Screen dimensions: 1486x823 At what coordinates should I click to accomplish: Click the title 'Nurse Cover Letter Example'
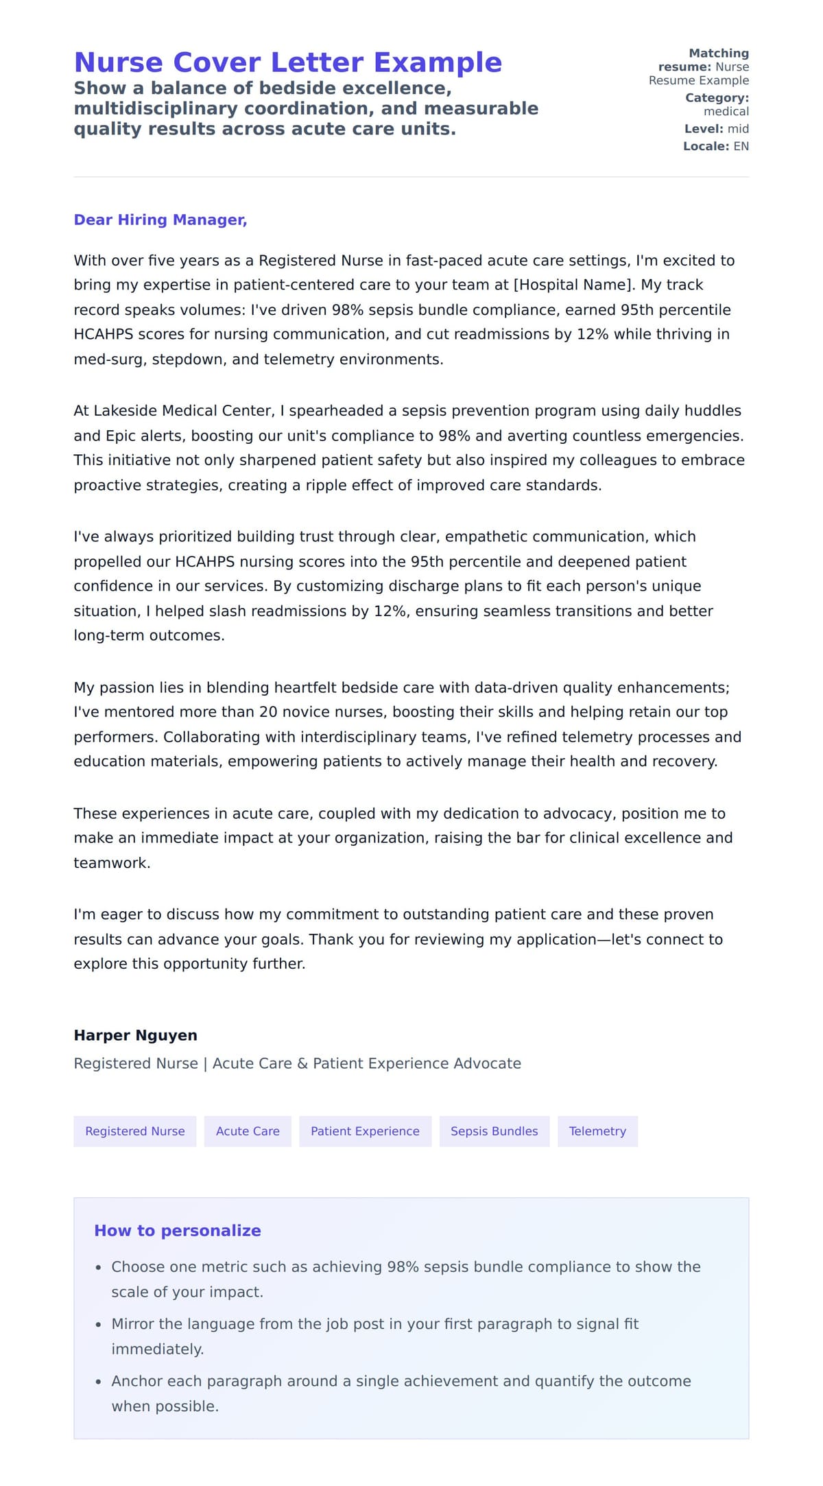(x=288, y=62)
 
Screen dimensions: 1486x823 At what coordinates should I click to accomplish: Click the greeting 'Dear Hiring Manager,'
(x=160, y=220)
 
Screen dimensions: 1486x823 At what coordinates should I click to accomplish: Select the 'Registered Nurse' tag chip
(x=135, y=1131)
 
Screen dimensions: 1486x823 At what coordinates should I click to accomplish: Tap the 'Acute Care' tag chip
(x=248, y=1131)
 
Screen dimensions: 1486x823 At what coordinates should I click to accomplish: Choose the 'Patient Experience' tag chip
(x=365, y=1131)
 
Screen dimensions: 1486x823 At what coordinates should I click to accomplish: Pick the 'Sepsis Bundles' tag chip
(x=494, y=1131)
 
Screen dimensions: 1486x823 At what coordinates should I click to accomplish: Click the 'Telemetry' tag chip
(x=597, y=1131)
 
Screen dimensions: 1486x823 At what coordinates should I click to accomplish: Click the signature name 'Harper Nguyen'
(x=136, y=1035)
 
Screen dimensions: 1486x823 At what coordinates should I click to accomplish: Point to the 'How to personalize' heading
(x=178, y=1231)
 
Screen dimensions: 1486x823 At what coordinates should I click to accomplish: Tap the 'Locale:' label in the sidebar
(x=706, y=146)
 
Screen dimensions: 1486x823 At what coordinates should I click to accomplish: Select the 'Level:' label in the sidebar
(x=704, y=129)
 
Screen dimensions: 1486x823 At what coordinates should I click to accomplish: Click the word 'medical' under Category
(x=726, y=111)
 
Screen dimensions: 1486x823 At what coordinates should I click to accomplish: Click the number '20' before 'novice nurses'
(x=268, y=712)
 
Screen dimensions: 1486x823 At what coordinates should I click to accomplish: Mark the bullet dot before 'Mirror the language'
(x=99, y=1325)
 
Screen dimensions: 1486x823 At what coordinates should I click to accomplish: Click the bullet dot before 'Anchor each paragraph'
(x=99, y=1382)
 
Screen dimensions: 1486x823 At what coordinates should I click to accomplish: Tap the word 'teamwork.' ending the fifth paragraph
(x=112, y=863)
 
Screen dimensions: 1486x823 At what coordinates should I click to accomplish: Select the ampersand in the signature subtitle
(x=302, y=1063)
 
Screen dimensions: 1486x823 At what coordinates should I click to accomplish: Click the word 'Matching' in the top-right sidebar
(x=719, y=54)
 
